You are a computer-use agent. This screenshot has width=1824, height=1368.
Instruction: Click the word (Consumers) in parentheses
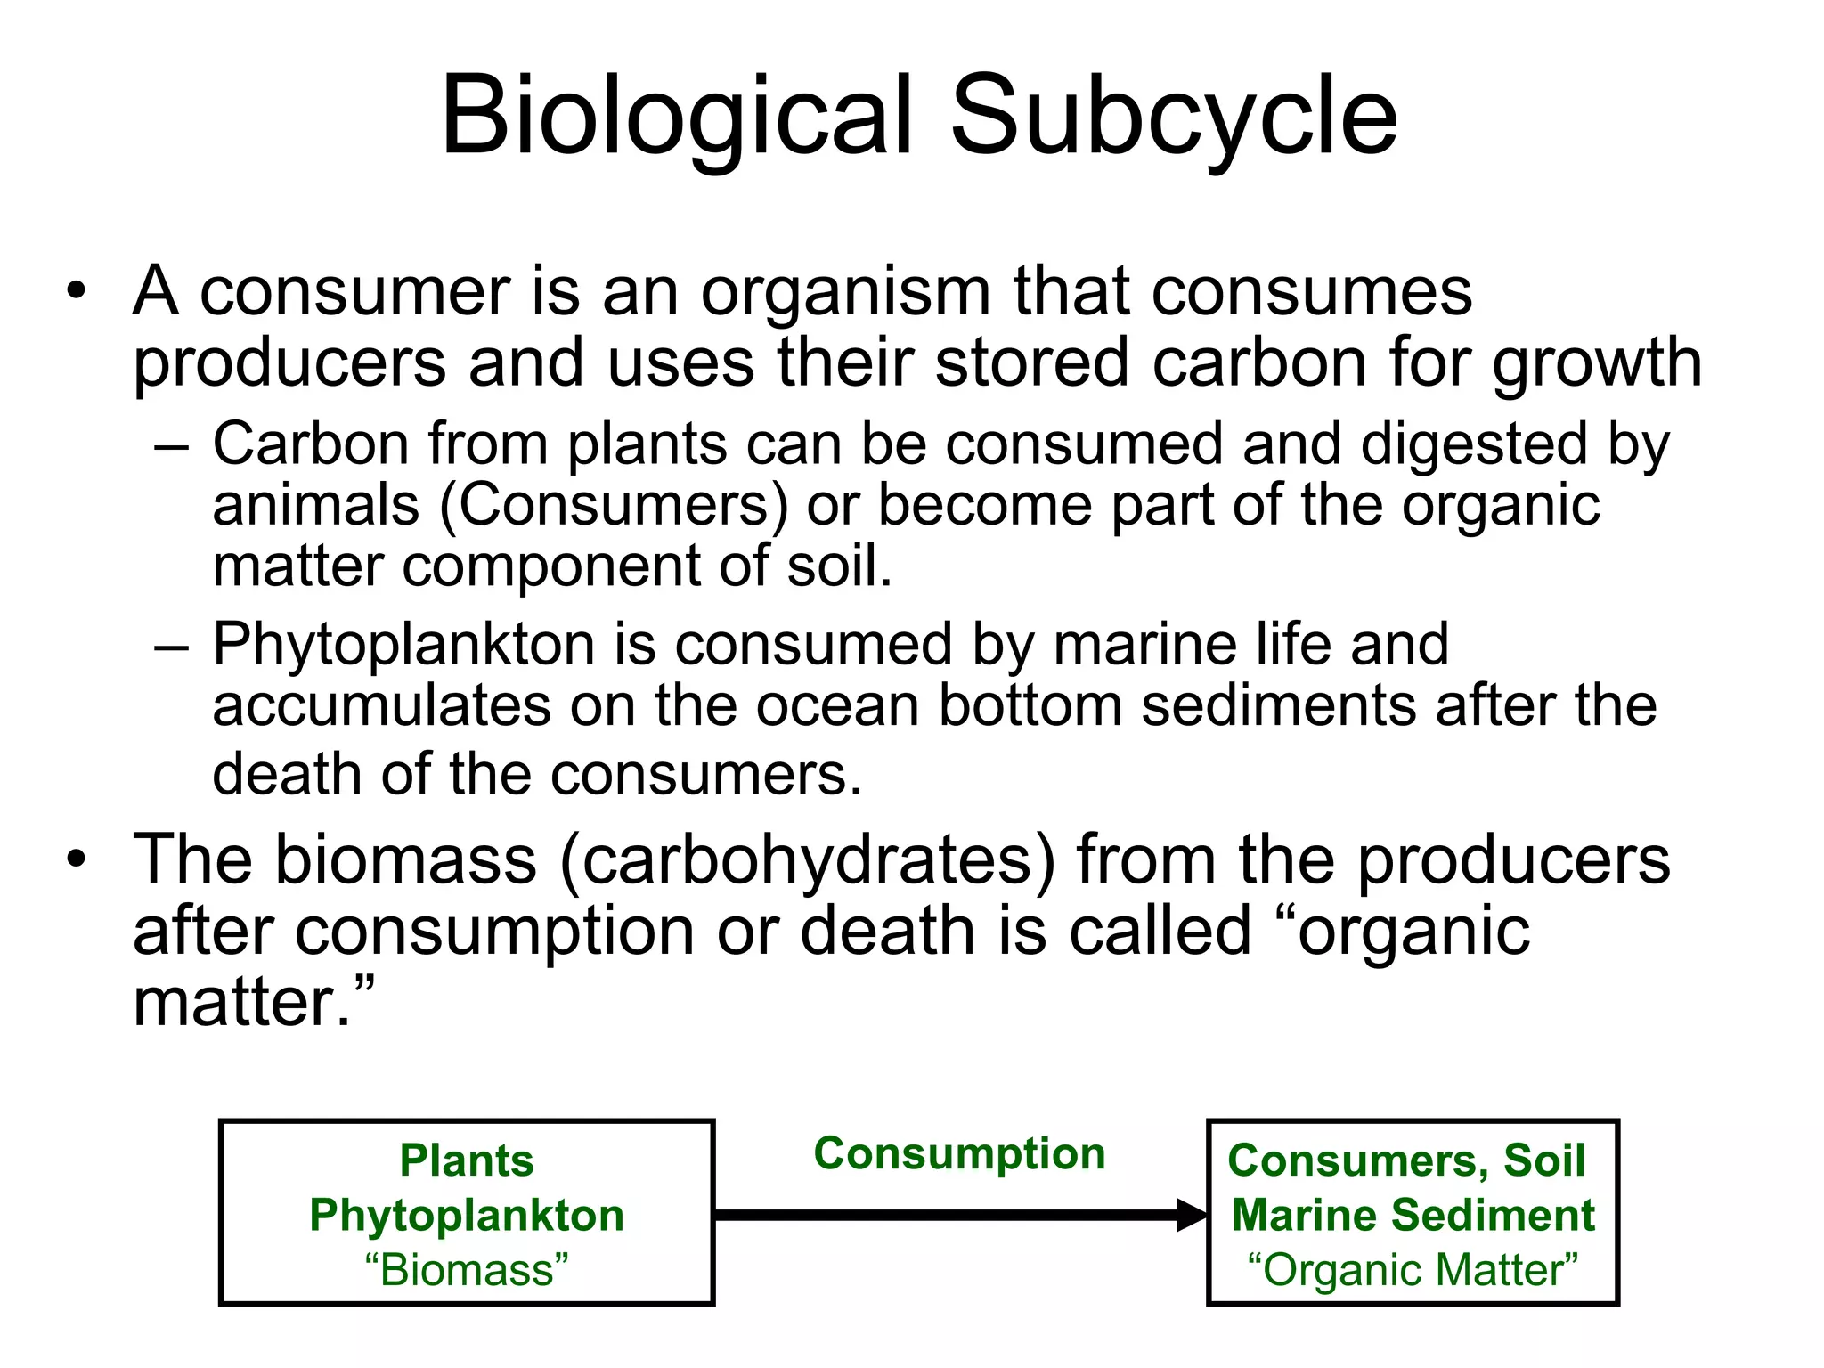[614, 505]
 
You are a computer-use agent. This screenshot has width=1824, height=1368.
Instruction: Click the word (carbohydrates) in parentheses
[807, 859]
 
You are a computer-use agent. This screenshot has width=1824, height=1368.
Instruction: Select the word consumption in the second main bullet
[494, 932]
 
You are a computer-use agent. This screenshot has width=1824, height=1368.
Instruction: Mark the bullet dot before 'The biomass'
[77, 859]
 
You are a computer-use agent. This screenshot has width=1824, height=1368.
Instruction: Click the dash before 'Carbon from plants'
[171, 445]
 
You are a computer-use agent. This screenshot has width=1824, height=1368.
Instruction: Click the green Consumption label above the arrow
[959, 1154]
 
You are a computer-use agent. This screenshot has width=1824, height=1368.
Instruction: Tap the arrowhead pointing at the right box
[1191, 1215]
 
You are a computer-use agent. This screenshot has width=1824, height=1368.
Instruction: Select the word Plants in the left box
[467, 1160]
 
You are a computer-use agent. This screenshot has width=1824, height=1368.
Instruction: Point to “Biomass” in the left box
[467, 1270]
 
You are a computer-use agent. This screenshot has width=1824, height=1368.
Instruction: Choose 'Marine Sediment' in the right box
[1413, 1216]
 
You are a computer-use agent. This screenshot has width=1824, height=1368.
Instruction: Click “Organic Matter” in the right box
[1413, 1270]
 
